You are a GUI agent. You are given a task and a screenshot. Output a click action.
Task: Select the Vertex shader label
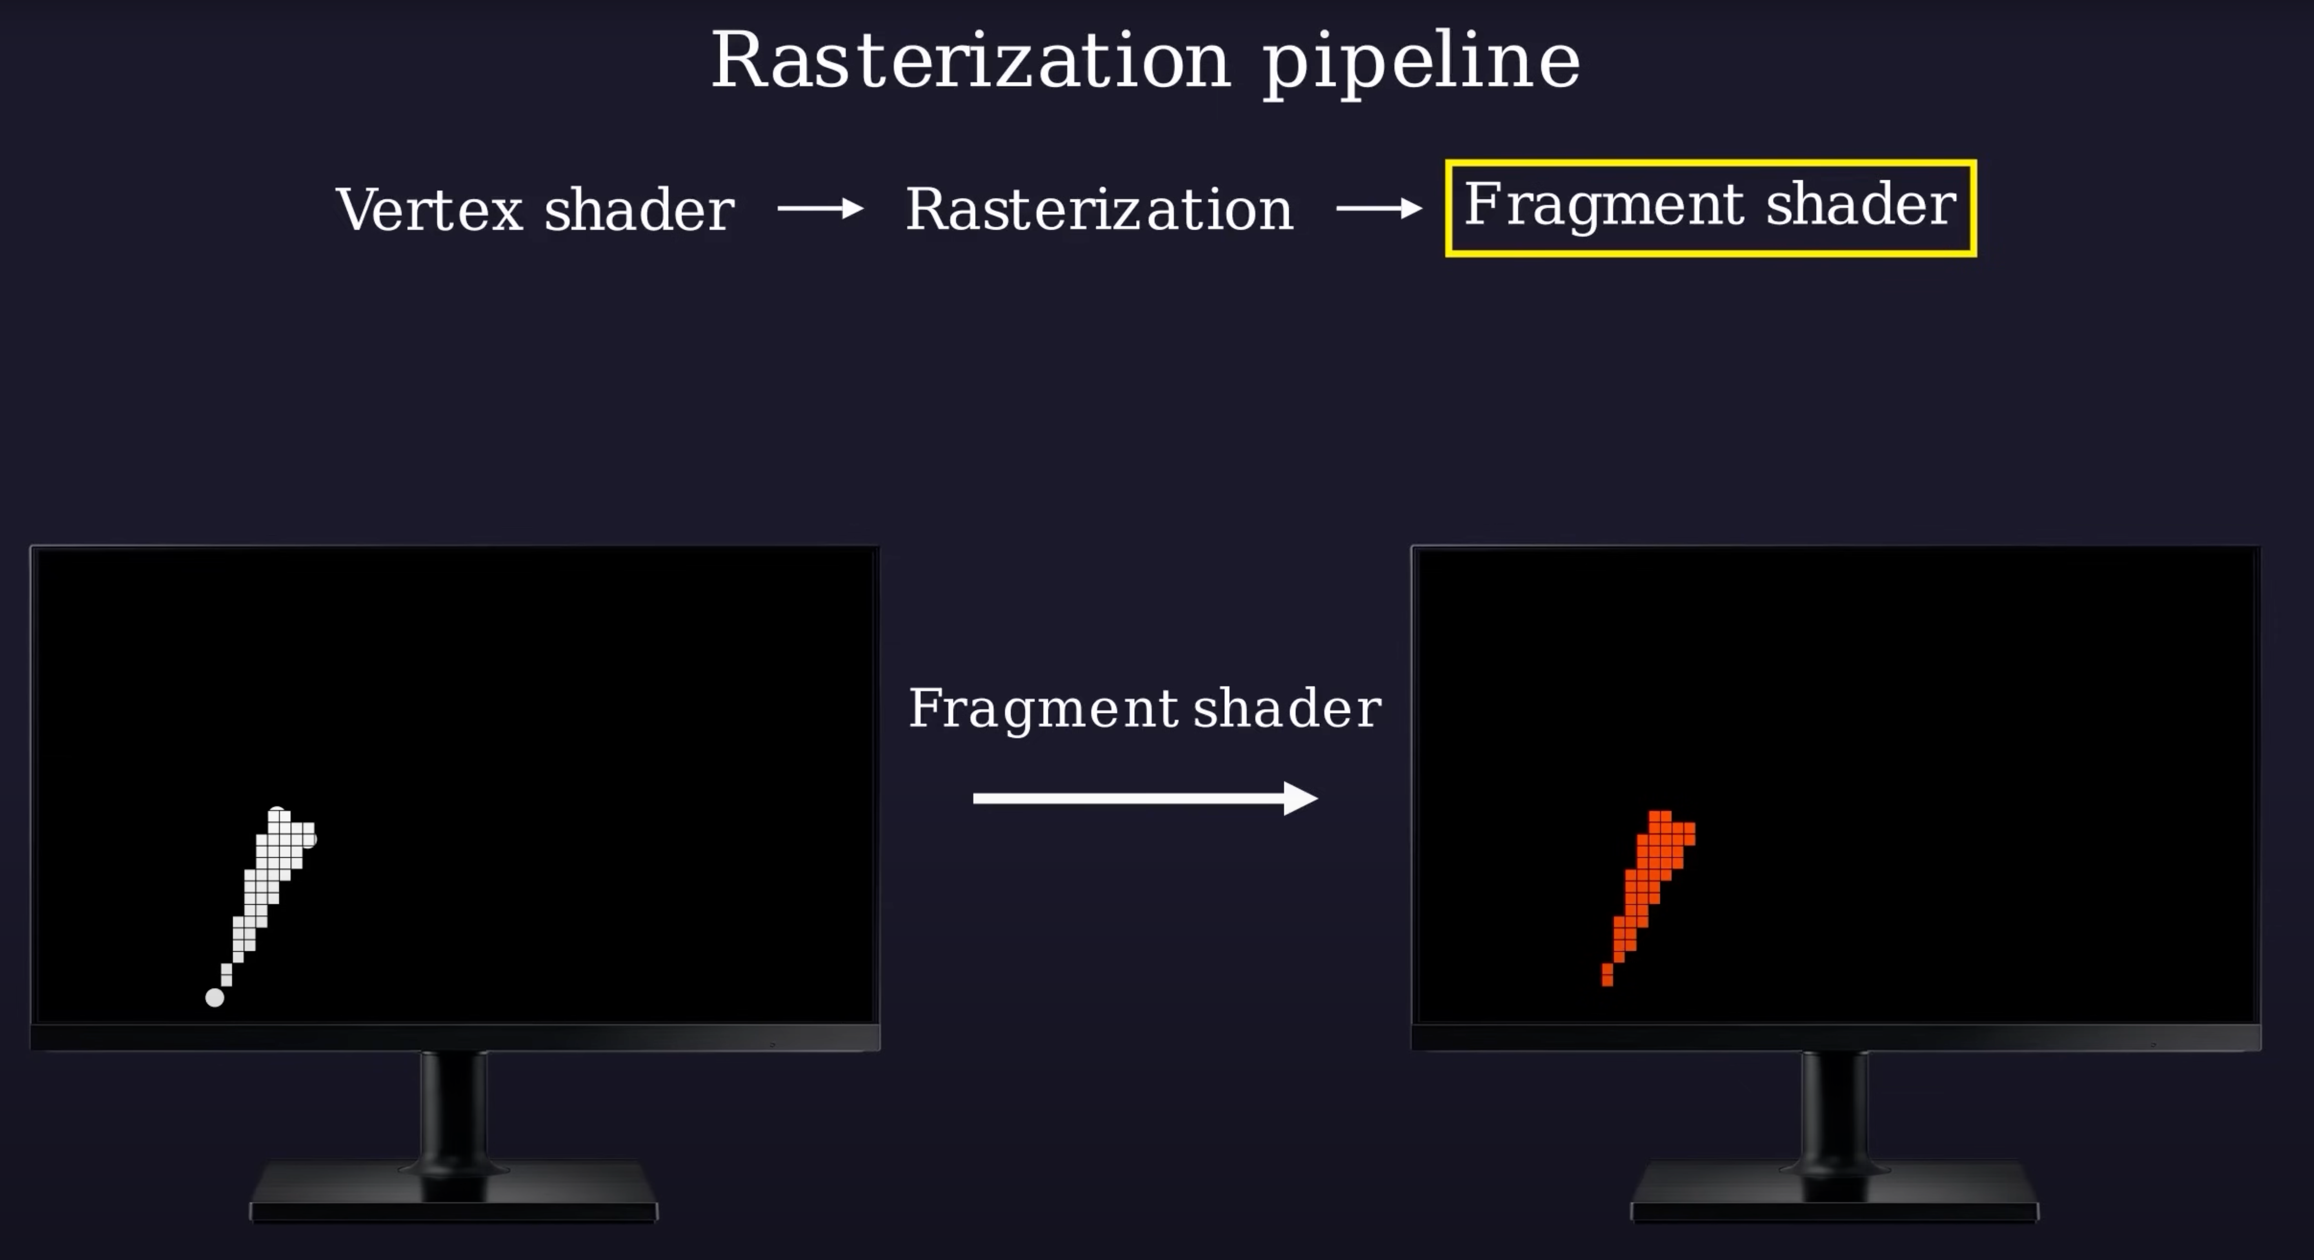[535, 210]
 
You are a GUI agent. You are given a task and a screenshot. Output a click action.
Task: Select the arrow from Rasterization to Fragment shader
[1379, 209]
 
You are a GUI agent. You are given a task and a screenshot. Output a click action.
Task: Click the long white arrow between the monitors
[1145, 797]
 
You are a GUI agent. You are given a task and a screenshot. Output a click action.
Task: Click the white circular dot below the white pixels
[215, 997]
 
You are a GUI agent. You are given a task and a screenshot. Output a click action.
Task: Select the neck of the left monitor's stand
[454, 1109]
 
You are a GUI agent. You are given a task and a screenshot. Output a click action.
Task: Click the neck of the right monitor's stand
[1834, 1109]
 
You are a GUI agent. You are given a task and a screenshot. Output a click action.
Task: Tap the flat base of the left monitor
[454, 1194]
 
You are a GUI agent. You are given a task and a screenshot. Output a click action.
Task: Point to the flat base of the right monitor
[1834, 1194]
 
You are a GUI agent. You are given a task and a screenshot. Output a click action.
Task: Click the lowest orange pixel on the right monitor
[1607, 974]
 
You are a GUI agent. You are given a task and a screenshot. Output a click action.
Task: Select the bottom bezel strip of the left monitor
[455, 1037]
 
